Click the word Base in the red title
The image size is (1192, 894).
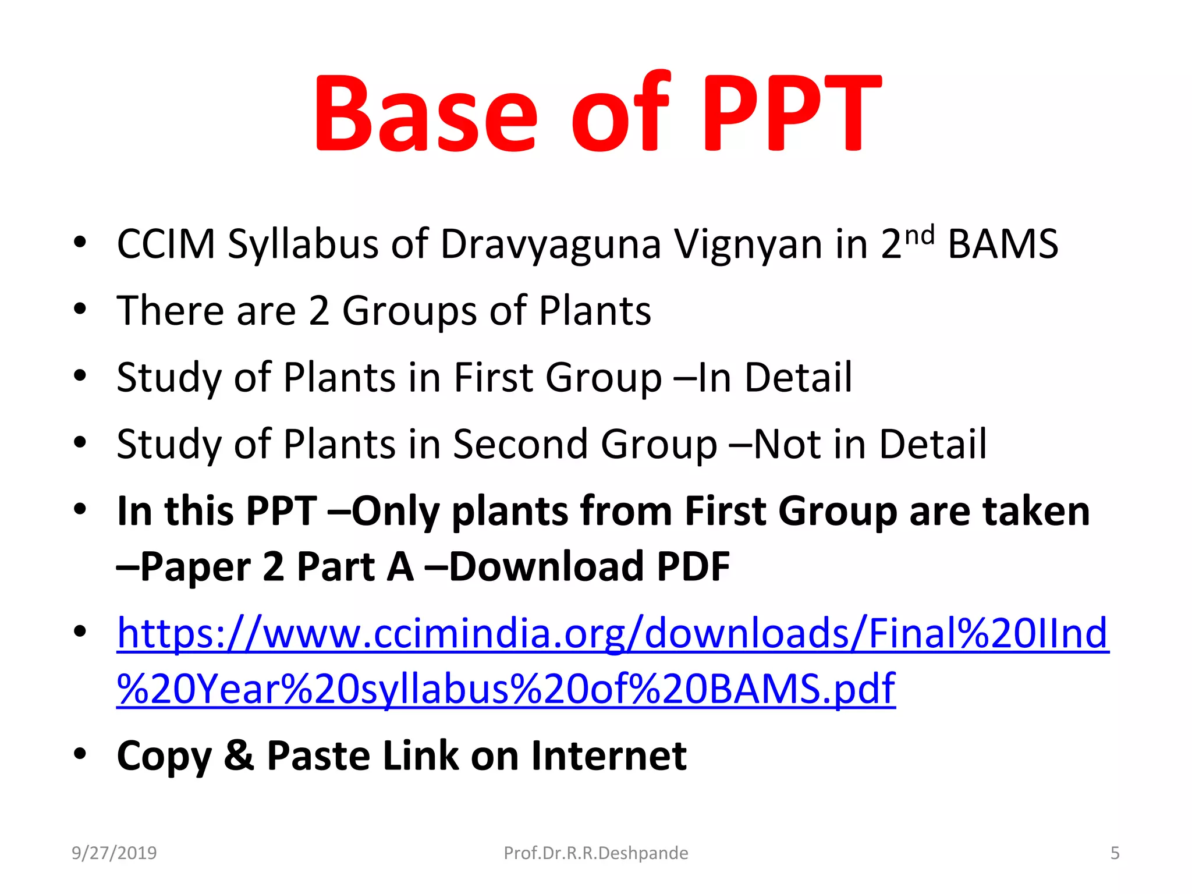click(x=425, y=113)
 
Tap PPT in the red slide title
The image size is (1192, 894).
click(x=792, y=113)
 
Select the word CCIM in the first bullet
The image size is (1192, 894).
click(x=166, y=244)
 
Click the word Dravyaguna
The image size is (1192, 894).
click(x=551, y=244)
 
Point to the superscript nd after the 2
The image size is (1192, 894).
click(x=920, y=235)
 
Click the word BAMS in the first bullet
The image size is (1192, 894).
click(x=1003, y=244)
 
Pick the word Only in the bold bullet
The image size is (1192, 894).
click(x=396, y=511)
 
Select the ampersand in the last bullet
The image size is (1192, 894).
click(x=239, y=755)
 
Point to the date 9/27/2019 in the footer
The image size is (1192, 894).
click(x=114, y=853)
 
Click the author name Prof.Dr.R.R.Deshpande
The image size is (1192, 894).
click(x=595, y=853)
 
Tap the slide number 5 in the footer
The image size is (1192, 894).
click(x=1115, y=853)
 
